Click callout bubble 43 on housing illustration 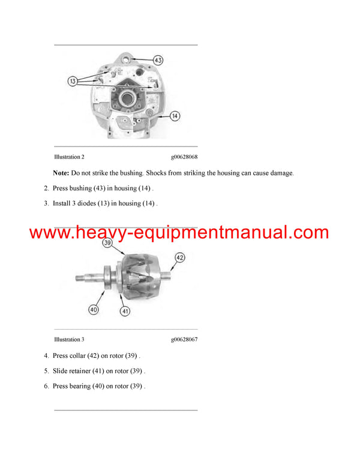(158, 60)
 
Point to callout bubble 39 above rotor (108, 243)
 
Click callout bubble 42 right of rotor (179, 257)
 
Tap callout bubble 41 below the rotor (125, 312)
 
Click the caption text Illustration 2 (68, 157)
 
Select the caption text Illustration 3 (68, 340)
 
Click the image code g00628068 (184, 157)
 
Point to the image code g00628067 (184, 340)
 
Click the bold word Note (61, 173)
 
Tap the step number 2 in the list (46, 189)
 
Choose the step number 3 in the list (46, 204)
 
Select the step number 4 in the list (46, 356)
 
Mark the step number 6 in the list (46, 386)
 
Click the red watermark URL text (179, 233)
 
